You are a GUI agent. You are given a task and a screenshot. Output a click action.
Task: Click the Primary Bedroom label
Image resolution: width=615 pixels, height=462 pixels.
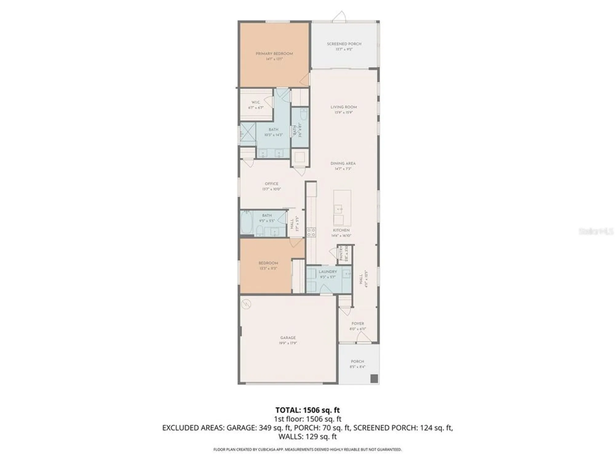(274, 54)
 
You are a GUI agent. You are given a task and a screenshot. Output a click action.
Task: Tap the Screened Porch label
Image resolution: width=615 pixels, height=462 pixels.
(344, 44)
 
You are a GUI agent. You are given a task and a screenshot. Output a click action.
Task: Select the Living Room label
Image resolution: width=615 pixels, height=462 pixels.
(343, 107)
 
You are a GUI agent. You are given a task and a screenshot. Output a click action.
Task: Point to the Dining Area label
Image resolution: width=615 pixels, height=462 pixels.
(343, 164)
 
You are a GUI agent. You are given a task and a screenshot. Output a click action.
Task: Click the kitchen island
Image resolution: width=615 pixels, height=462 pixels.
(342, 208)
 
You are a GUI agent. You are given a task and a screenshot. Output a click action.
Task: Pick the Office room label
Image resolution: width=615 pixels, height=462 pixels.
(272, 184)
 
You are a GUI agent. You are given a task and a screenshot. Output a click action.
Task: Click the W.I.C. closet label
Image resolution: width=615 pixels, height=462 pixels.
(256, 102)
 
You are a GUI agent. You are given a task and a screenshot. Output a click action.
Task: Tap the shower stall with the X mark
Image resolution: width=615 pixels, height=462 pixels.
(248, 134)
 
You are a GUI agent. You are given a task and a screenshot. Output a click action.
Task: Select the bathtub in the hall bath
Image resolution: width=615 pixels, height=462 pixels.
(246, 223)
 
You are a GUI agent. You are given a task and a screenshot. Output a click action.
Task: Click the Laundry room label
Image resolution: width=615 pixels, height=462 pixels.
(328, 272)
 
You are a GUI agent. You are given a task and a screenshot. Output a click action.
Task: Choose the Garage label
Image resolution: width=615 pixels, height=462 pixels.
(288, 338)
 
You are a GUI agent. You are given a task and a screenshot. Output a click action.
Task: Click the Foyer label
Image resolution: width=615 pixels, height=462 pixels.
(358, 324)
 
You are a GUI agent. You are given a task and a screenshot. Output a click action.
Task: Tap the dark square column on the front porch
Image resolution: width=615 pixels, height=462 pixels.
(374, 379)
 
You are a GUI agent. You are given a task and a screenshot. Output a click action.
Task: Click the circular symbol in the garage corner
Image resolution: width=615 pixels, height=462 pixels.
(246, 304)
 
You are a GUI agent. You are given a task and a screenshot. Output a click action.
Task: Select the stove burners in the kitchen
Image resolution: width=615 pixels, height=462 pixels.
(311, 232)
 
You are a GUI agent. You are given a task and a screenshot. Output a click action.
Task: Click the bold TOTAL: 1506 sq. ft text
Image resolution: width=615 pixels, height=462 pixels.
(307, 410)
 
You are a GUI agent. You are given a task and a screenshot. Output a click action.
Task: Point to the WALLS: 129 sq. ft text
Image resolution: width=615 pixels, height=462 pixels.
(307, 436)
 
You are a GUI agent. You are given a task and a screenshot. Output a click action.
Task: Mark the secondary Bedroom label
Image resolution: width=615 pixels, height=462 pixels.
(268, 263)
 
